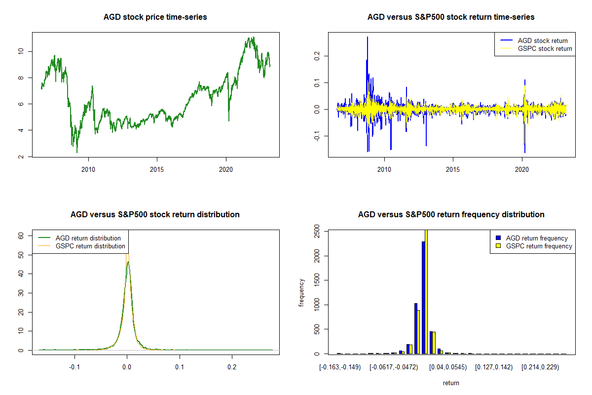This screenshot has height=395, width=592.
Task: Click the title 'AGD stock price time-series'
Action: point(155,17)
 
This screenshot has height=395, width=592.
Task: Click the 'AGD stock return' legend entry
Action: point(543,40)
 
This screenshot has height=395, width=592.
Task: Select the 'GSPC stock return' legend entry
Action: point(545,48)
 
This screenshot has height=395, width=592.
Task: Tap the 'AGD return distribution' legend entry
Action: point(88,238)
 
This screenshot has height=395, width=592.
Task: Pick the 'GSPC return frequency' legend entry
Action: point(539,246)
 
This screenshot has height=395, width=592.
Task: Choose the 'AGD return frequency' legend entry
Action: point(537,238)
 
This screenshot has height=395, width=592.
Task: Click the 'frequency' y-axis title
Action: point(301,293)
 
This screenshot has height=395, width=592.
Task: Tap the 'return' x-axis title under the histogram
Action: point(451,383)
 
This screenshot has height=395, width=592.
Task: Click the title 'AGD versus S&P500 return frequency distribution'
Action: point(451,215)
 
